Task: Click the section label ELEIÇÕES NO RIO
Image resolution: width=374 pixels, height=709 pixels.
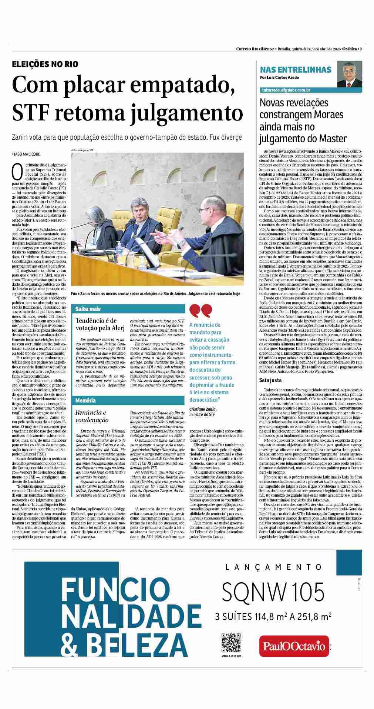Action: tap(45, 64)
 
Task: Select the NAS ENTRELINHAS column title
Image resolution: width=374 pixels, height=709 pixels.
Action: tap(296, 70)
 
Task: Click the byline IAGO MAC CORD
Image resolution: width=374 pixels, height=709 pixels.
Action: tap(26, 154)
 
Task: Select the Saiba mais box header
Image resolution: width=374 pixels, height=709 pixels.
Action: tap(88, 309)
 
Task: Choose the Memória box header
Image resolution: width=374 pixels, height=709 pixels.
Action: tap(85, 400)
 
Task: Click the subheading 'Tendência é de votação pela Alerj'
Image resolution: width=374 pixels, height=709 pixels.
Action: tap(97, 324)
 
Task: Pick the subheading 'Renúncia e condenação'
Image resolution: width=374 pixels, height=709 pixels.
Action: tap(91, 416)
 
